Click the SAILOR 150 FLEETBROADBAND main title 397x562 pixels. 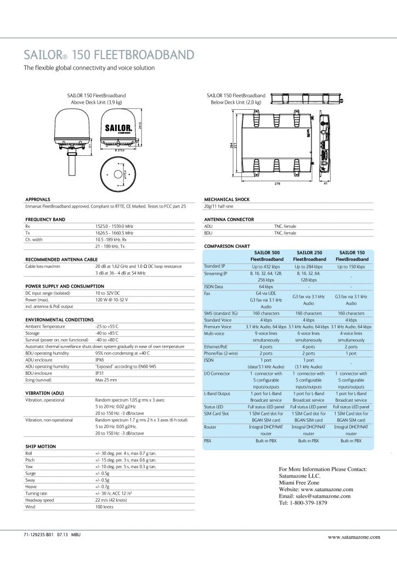109,54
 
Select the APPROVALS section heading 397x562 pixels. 38,199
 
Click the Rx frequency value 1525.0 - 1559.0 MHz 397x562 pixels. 114,226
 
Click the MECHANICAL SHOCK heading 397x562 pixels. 227,199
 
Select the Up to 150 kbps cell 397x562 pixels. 351,266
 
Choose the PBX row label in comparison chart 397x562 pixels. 208,440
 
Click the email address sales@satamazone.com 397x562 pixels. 315,496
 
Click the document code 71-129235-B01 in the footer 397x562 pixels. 42,534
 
